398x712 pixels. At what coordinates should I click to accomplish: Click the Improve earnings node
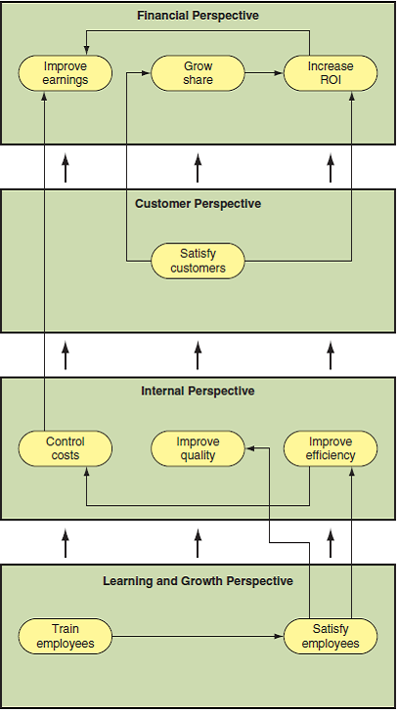(66, 73)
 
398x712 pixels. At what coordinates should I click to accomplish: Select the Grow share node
(198, 73)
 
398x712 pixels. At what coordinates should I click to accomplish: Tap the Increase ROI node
(331, 73)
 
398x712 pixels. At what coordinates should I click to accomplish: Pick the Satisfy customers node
(198, 261)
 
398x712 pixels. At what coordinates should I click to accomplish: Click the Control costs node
(66, 448)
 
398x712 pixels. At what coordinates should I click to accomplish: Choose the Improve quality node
(198, 448)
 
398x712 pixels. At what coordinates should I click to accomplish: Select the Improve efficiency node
(331, 448)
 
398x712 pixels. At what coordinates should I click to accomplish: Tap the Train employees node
(66, 636)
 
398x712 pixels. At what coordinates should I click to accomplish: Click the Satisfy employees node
(331, 636)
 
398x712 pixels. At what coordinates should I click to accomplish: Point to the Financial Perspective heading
(198, 17)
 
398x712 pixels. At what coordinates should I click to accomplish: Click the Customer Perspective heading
(198, 204)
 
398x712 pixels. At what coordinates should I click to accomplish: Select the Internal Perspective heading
(198, 391)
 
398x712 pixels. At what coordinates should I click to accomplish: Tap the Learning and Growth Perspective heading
(198, 581)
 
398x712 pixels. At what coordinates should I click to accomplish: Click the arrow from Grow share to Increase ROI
(264, 73)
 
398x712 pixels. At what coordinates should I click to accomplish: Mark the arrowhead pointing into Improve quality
(250, 448)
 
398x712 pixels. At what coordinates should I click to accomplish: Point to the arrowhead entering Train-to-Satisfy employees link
(278, 636)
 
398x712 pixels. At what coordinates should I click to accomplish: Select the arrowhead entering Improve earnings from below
(44, 96)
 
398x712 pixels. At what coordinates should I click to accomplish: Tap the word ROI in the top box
(331, 80)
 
